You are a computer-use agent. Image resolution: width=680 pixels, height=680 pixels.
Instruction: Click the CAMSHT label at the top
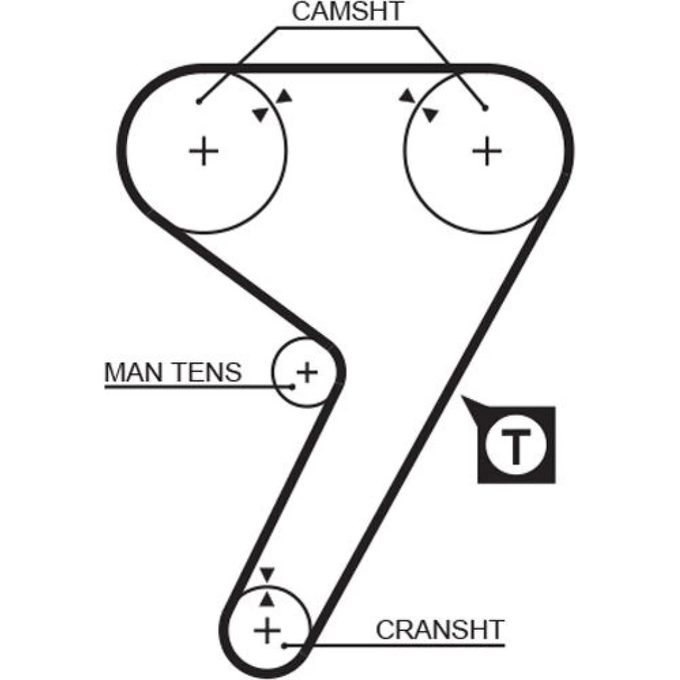tap(347, 12)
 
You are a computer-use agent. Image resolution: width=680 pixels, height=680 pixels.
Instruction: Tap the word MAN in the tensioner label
tap(134, 372)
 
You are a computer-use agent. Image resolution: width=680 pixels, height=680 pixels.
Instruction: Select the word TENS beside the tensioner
tap(207, 372)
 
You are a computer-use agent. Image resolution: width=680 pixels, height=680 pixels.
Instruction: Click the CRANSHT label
tap(440, 630)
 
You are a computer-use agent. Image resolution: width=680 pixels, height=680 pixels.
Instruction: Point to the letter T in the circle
tap(515, 446)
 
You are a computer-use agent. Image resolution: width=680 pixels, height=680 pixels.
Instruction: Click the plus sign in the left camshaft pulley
tap(204, 151)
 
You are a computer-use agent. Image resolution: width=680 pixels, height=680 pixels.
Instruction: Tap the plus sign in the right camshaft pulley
tap(487, 151)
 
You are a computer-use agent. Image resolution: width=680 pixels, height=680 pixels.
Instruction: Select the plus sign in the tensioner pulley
tap(307, 372)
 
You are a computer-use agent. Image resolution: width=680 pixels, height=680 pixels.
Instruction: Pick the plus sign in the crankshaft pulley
tap(267, 631)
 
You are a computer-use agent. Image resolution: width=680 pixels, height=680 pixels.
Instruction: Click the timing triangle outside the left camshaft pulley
tap(284, 96)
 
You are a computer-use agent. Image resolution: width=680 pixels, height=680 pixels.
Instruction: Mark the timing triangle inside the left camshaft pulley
tap(261, 114)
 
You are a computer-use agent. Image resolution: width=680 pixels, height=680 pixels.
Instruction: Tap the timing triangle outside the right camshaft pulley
tap(407, 95)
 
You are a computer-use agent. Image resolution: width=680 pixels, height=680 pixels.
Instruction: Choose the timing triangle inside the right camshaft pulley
tap(430, 114)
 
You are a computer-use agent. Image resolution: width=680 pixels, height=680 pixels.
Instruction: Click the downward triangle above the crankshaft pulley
tap(267, 574)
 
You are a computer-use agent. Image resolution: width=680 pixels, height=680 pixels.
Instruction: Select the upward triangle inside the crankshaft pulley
tap(267, 600)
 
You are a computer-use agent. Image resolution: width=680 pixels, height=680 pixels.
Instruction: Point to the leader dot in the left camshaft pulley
tap(199, 101)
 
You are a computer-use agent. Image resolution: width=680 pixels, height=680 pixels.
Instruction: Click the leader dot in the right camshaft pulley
tap(486, 108)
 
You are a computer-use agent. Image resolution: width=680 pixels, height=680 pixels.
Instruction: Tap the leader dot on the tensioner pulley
tap(292, 386)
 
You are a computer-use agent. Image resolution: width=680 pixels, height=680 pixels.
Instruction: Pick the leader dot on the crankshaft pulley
tap(284, 646)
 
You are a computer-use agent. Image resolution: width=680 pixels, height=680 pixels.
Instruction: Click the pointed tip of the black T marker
tap(462, 396)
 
